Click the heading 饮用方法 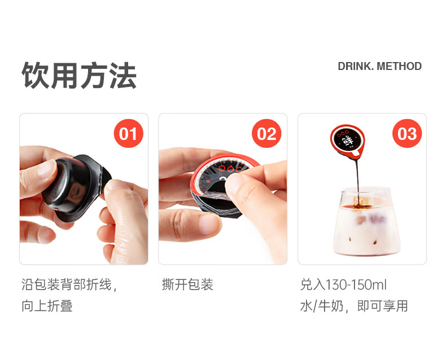[x=79, y=76]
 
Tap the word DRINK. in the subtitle [x=356, y=67]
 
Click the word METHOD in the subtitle [x=399, y=67]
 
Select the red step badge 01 [x=128, y=134]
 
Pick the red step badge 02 [x=266, y=134]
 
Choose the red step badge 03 [x=406, y=134]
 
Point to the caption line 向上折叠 [x=47, y=306]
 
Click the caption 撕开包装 [x=187, y=284]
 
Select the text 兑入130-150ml [x=343, y=284]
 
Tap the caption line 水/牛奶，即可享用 [x=354, y=306]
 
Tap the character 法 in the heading [x=123, y=76]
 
